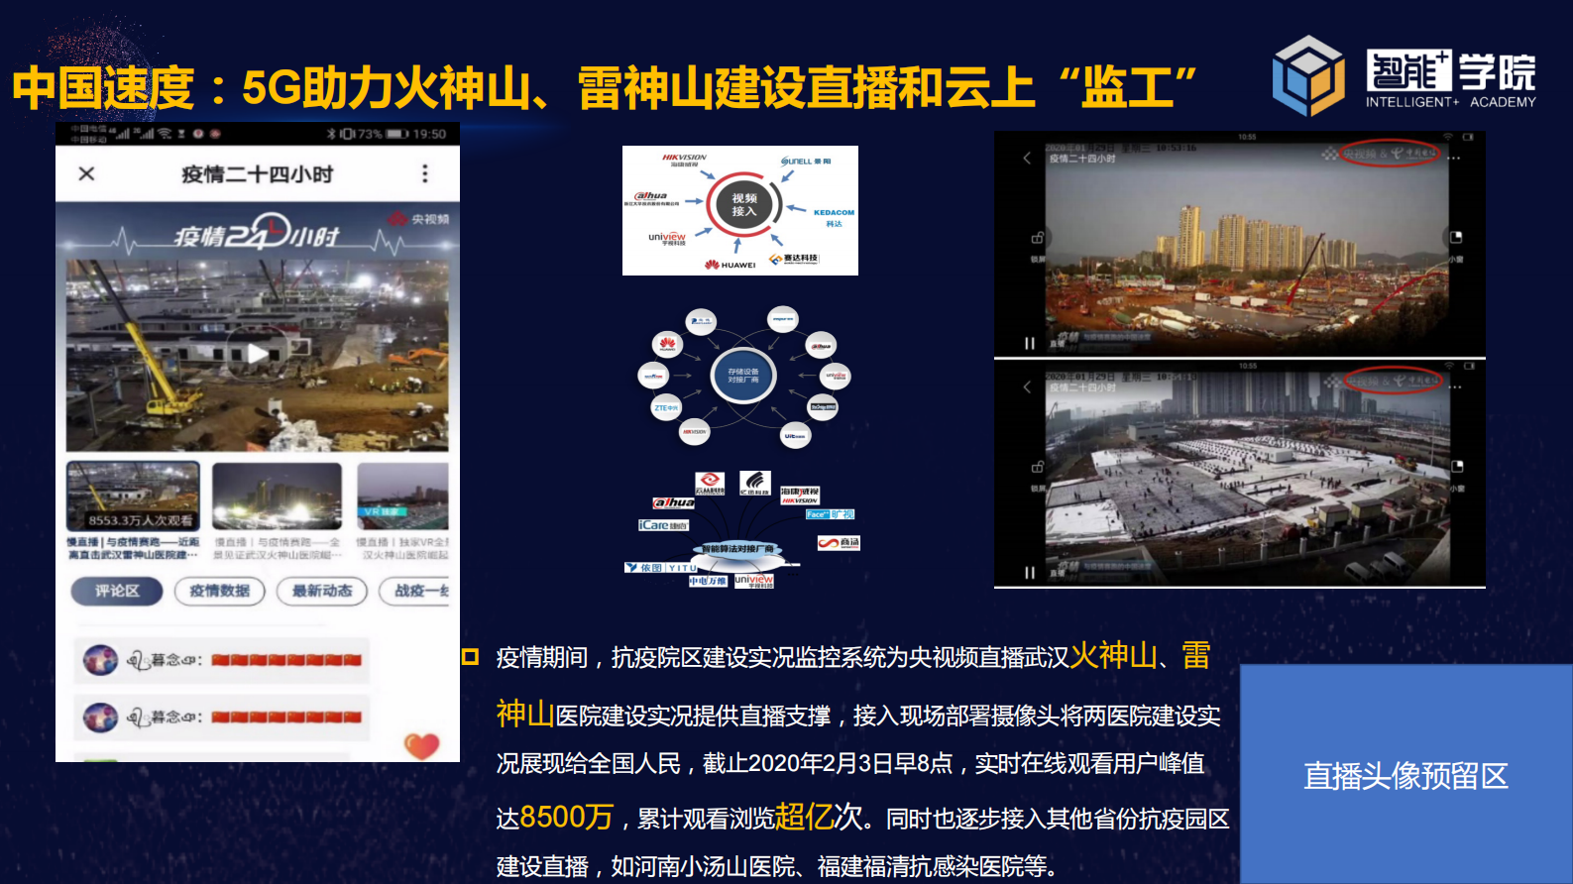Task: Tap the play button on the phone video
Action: (x=257, y=353)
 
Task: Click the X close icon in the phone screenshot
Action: (x=87, y=174)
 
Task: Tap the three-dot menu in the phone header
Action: (x=425, y=174)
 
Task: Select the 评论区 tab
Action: (x=117, y=592)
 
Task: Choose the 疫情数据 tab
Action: (x=220, y=592)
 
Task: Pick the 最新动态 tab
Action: (x=322, y=592)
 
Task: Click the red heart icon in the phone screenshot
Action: (x=421, y=745)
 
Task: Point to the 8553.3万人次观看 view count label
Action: (x=140, y=519)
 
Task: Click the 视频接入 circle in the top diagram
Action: (x=744, y=205)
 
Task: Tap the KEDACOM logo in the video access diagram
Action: (x=833, y=213)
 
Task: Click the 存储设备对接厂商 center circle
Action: (x=743, y=376)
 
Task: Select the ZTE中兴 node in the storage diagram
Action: (x=666, y=407)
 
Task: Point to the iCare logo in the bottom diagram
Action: (x=662, y=525)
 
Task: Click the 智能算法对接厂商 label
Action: (x=738, y=548)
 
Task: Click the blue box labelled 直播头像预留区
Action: (x=1405, y=774)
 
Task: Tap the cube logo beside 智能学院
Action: (x=1308, y=76)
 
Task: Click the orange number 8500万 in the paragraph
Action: (x=566, y=817)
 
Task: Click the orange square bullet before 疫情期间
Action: (x=471, y=656)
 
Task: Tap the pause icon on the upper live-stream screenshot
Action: (x=1030, y=343)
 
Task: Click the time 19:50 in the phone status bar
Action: (x=429, y=134)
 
